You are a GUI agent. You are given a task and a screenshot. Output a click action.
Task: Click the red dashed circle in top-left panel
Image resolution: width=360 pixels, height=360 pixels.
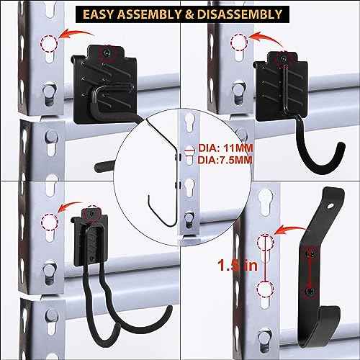[49, 45]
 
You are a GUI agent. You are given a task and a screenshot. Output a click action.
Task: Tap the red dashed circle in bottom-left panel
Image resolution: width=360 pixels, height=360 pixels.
[49, 221]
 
